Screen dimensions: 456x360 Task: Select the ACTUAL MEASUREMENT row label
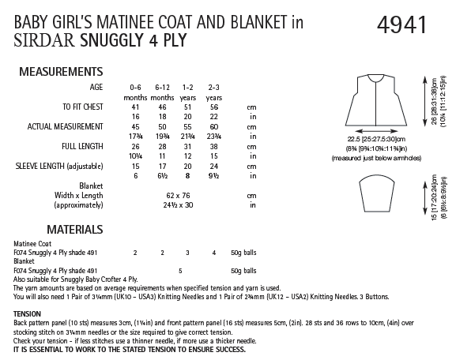(x=69, y=126)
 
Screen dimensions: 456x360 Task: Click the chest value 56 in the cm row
(x=214, y=106)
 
